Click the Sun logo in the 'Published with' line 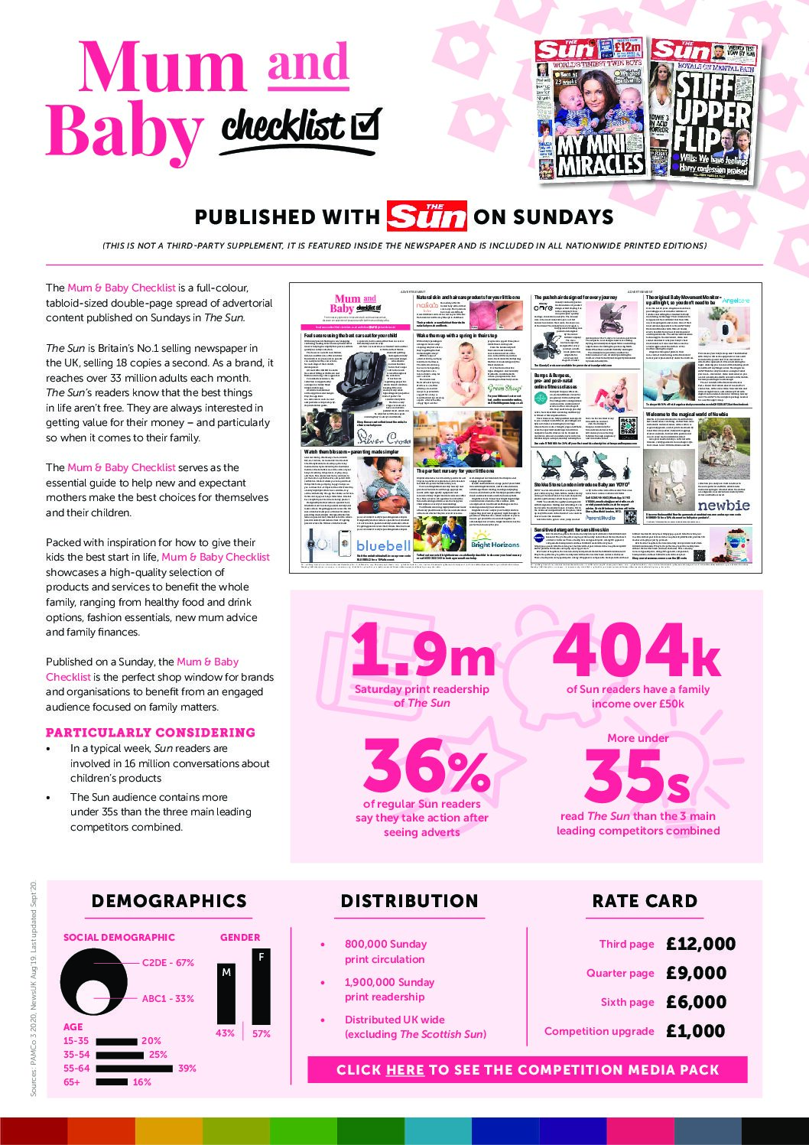[x=426, y=216]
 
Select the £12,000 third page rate [x=700, y=944]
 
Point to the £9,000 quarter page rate [x=696, y=973]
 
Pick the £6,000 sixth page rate [x=696, y=1002]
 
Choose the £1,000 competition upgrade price [x=696, y=1031]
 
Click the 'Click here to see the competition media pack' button [x=527, y=1069]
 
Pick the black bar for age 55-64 [x=135, y=1069]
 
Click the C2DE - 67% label [x=167, y=963]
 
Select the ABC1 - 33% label [x=167, y=999]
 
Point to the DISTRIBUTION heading [x=409, y=901]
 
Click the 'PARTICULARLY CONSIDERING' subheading [x=151, y=732]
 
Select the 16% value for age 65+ [x=142, y=1082]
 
